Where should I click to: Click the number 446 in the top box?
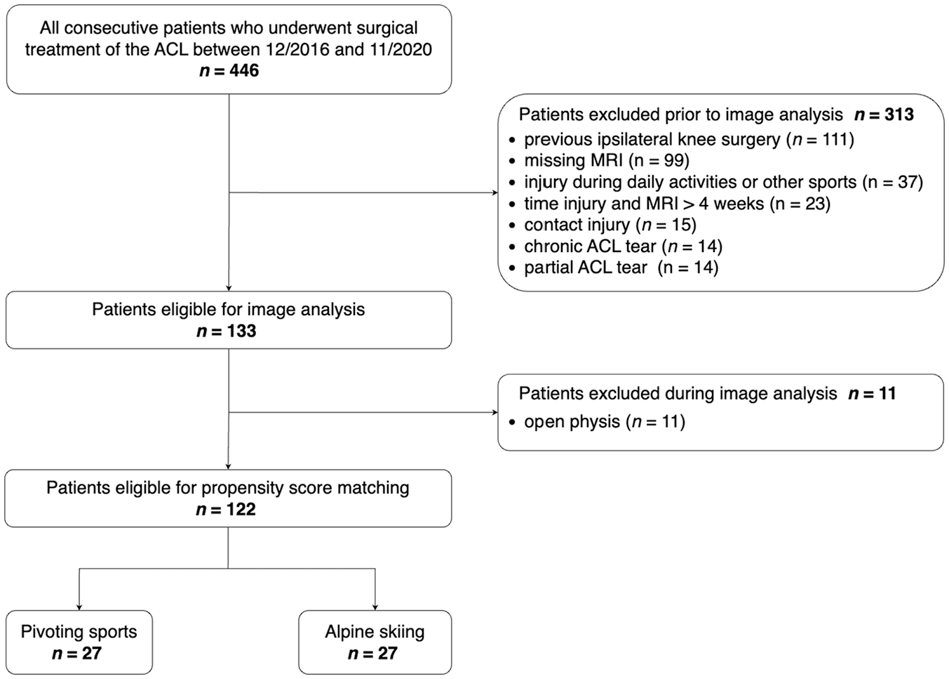pos(243,71)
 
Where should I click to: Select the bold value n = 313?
pos(884,114)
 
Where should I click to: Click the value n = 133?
pos(227,331)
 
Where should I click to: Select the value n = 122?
pos(227,509)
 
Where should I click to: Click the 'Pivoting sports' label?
pos(79,632)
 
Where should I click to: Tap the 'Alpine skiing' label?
pos(375,632)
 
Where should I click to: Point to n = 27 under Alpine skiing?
pos(373,653)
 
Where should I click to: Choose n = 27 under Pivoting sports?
pos(77,653)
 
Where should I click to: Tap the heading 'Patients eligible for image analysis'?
pos(229,310)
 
